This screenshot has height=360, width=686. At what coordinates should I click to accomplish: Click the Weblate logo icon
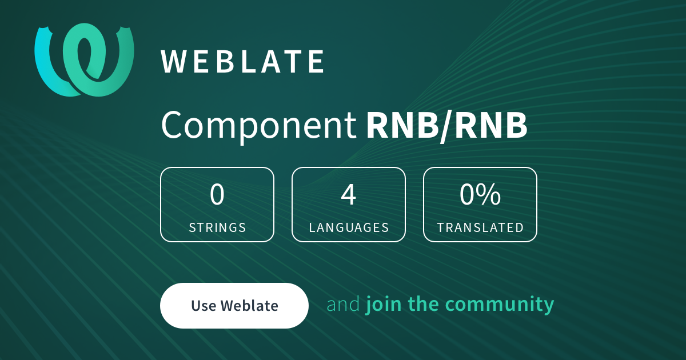(84, 60)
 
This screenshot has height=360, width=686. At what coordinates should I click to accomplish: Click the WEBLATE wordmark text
(242, 62)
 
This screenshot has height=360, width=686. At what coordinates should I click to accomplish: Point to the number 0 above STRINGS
(217, 194)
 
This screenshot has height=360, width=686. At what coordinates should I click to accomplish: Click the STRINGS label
(217, 227)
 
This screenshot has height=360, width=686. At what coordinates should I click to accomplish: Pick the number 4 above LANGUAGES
(349, 194)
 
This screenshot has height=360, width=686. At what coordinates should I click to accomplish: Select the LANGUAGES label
(349, 227)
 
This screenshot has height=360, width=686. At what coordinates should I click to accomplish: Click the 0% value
(480, 194)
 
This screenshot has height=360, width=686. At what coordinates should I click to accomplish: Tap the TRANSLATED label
(480, 227)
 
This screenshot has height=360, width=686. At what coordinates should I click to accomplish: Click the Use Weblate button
(234, 306)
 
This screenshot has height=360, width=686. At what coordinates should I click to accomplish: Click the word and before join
(344, 304)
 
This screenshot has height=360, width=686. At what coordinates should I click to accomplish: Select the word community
(500, 305)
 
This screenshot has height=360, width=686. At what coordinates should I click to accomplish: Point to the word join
(384, 304)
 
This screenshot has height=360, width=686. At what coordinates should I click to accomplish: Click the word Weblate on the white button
(249, 306)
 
